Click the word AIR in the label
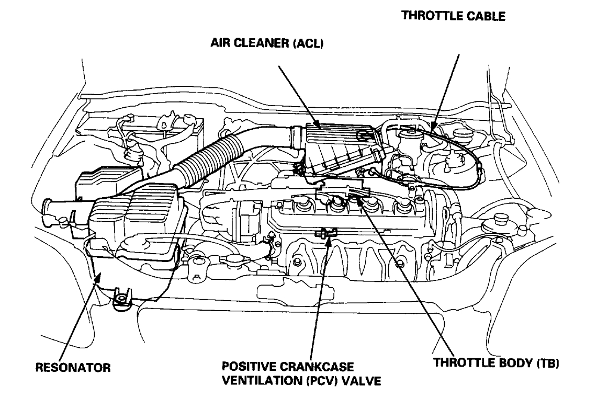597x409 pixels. pos(220,44)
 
